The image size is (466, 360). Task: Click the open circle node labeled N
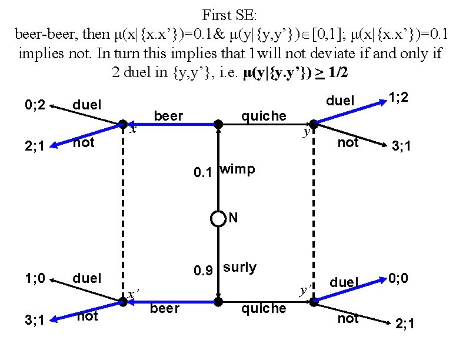click(x=218, y=219)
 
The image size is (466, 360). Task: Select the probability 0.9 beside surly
click(x=204, y=271)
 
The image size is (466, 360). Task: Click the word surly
click(x=240, y=268)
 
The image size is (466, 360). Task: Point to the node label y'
click(x=305, y=290)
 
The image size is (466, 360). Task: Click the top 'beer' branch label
click(x=168, y=116)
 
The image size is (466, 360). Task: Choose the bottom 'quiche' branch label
click(x=264, y=308)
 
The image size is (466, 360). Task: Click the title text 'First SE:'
click(x=232, y=14)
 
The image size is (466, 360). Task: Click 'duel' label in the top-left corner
click(x=87, y=105)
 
